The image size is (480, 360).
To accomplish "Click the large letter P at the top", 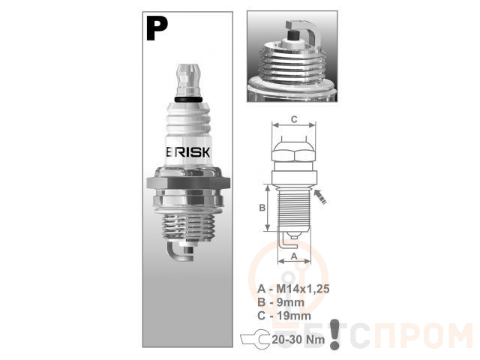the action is point(157,28).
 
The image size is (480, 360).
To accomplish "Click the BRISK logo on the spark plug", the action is point(188,152).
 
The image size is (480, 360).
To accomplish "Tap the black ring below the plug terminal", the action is point(188,99).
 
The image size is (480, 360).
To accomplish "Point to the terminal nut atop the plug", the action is point(188,79).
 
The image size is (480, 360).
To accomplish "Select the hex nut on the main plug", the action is point(188,182).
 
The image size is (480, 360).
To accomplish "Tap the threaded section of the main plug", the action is point(187,226).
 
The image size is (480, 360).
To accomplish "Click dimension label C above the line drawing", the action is point(294,119).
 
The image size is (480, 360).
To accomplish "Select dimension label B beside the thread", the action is point(262,208).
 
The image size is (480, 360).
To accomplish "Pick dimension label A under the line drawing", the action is point(294,256).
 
